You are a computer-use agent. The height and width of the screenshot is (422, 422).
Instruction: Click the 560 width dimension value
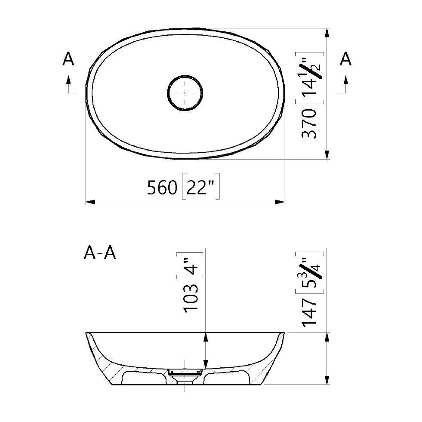[162, 188]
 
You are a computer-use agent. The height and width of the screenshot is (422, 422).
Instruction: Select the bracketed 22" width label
[201, 188]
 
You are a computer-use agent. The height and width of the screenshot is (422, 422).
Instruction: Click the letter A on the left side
[68, 59]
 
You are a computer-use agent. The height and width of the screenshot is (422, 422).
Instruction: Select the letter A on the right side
[345, 59]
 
